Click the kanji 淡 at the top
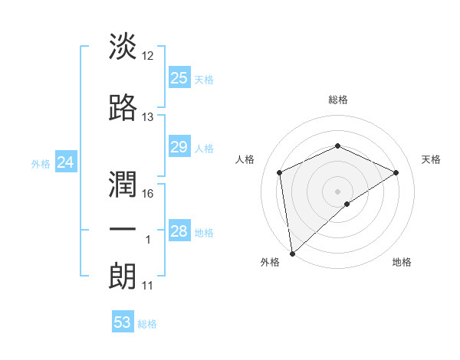tap(123, 46)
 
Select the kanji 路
tap(123, 107)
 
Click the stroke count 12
tap(148, 55)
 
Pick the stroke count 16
tap(148, 194)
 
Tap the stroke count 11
tap(148, 286)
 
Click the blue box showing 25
tap(179, 78)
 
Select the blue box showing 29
tap(179, 147)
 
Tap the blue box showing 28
tap(179, 231)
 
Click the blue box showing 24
tap(65, 162)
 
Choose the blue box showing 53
tap(122, 322)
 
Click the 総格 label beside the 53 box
tap(147, 324)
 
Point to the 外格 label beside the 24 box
tap(41, 163)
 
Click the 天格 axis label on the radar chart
tap(431, 159)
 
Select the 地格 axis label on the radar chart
tap(402, 263)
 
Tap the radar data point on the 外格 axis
tap(291, 253)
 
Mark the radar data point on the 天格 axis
tap(396, 172)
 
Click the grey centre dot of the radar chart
tap(337, 191)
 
